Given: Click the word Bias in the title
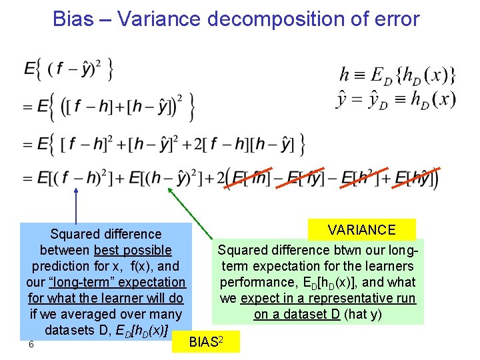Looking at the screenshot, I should click(x=74, y=19).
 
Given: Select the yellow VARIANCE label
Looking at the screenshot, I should click(x=361, y=230).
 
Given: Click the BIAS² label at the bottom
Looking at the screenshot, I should click(x=205, y=342).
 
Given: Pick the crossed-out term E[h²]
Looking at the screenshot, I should click(x=363, y=179).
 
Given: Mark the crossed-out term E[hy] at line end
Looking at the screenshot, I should click(x=415, y=179).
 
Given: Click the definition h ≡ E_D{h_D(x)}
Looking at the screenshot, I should click(x=397, y=75).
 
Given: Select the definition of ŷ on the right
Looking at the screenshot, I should click(x=395, y=100).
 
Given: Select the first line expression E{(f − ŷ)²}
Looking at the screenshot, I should click(x=68, y=69).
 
